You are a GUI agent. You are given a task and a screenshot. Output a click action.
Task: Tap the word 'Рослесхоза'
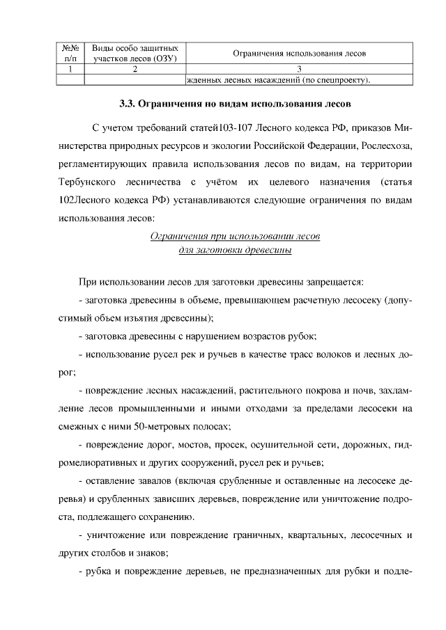[387, 147]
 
